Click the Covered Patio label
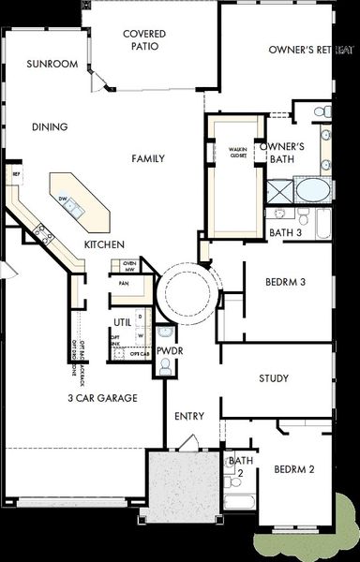coord(144,39)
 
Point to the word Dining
coord(50,127)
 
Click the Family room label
coord(148,158)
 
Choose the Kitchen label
coord(104,244)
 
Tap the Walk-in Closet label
coord(237,153)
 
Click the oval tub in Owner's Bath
coord(313,191)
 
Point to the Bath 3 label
coord(285,232)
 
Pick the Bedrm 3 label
coord(285,282)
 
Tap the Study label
coord(274,378)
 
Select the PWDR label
coord(169,350)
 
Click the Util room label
coord(123,322)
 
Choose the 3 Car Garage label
coord(102,398)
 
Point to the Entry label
coord(189,415)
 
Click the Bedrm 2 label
coord(292,469)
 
